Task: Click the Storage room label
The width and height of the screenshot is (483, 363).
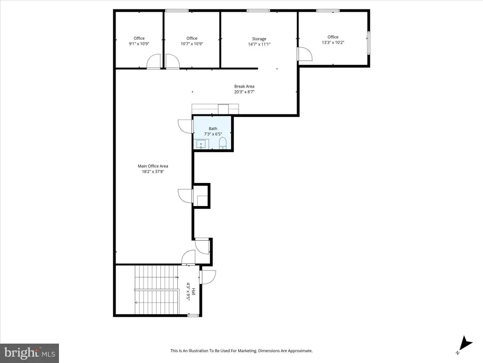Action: point(259,39)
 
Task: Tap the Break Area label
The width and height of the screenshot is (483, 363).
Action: point(244,86)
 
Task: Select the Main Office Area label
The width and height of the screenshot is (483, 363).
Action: point(153,166)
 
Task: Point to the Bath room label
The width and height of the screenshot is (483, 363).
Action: point(213,129)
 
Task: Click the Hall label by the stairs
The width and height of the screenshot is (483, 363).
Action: point(193,292)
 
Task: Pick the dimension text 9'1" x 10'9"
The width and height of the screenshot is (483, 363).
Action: point(139,44)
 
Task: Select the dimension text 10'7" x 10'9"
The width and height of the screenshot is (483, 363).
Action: point(192,44)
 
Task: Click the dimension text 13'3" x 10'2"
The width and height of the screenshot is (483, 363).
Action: point(333,43)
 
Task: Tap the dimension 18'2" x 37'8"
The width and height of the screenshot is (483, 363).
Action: point(153,172)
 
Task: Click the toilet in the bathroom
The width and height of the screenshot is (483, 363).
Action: point(223,143)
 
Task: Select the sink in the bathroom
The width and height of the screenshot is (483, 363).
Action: point(201,144)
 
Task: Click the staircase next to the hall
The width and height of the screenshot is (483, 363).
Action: point(157,290)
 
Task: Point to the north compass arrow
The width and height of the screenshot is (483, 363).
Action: point(465,344)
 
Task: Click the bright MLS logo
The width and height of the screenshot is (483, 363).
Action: point(29,353)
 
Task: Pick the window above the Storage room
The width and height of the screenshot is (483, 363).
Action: point(258,11)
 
